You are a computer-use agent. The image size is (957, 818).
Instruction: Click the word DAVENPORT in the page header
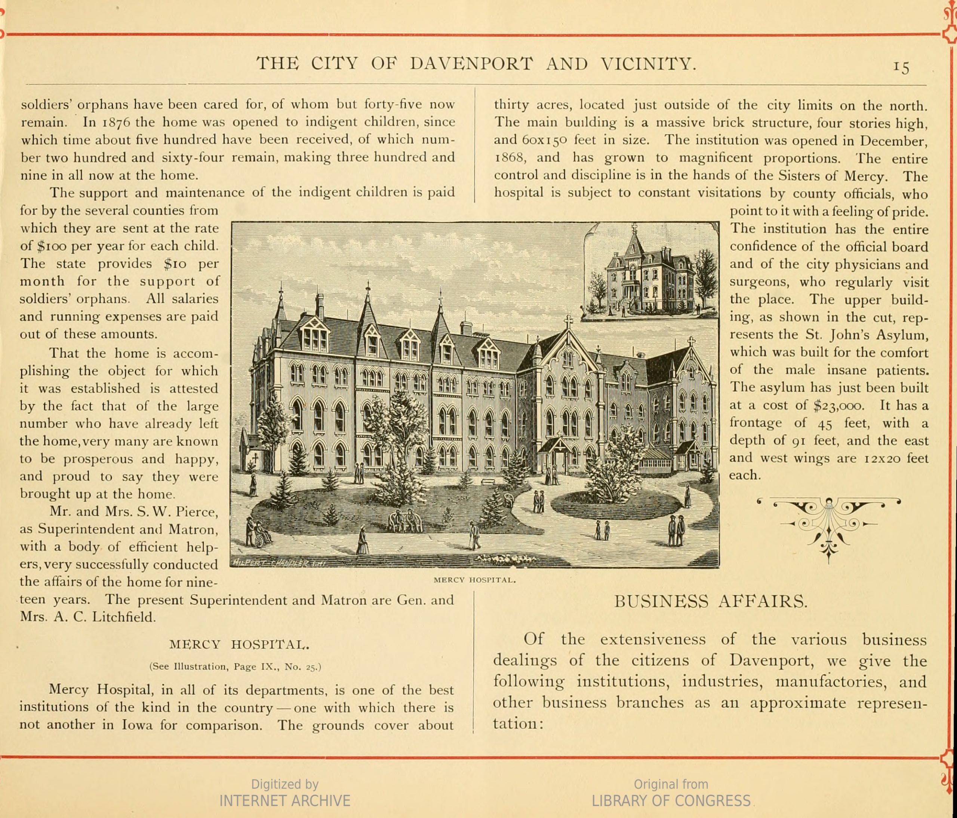pyautogui.click(x=471, y=64)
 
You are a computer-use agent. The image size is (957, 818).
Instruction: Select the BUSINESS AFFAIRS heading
pyautogui.click(x=711, y=602)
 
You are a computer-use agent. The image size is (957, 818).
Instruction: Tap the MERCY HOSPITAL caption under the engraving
pyautogui.click(x=475, y=580)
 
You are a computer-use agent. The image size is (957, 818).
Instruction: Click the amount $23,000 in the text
pyautogui.click(x=838, y=406)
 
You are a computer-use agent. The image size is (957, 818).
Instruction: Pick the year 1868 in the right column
pyautogui.click(x=510, y=158)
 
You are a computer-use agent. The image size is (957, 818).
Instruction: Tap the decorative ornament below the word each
pyautogui.click(x=829, y=526)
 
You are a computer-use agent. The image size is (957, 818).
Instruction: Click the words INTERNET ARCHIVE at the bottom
pyautogui.click(x=284, y=800)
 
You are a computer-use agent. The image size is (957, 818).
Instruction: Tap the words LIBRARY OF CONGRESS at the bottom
pyautogui.click(x=671, y=800)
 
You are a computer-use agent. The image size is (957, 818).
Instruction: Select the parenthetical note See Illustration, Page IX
pyautogui.click(x=235, y=667)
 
